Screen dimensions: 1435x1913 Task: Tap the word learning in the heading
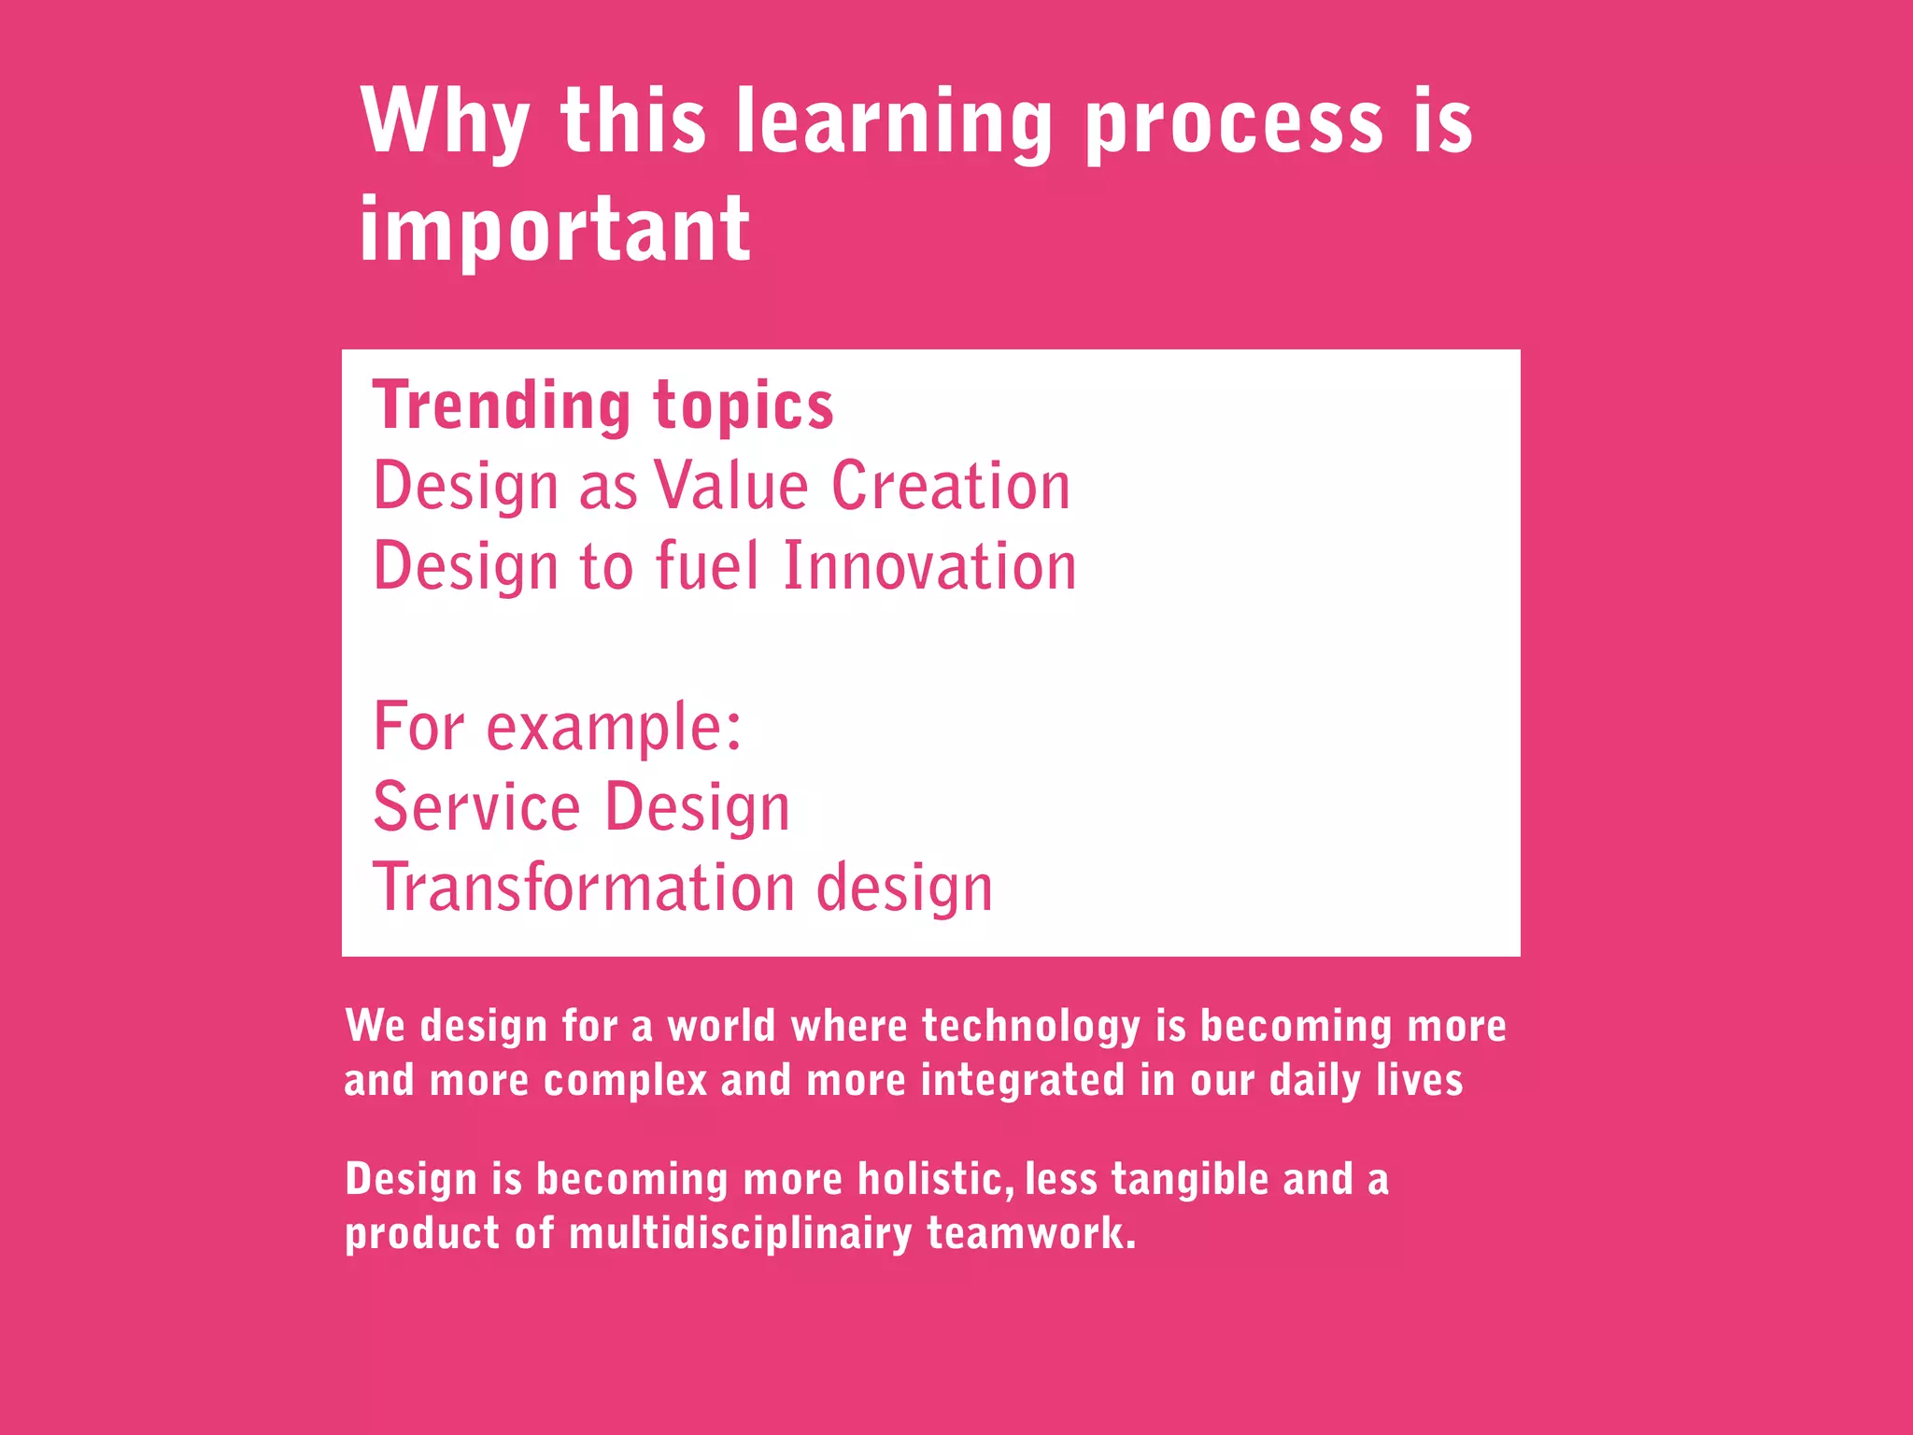pos(895,123)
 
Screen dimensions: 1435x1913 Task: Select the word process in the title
pos(1233,123)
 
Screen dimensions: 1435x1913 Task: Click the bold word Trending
pos(503,406)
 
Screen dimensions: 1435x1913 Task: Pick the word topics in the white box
pos(743,408)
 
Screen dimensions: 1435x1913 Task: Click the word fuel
pos(707,566)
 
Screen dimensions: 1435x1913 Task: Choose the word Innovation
pos(929,566)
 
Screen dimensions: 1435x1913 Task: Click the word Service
pos(476,807)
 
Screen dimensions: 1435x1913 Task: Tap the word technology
pos(1031,1027)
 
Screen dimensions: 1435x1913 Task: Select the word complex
pos(625,1081)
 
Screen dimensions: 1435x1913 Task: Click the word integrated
pos(1022,1081)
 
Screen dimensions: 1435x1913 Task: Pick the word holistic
pos(934,1179)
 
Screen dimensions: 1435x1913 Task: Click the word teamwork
pos(1030,1233)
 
